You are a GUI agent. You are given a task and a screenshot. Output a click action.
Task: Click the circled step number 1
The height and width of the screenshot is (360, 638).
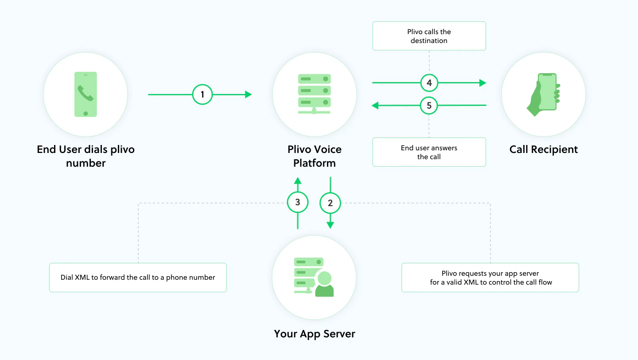click(202, 94)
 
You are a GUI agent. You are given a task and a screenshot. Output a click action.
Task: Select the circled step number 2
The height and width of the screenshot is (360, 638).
click(330, 203)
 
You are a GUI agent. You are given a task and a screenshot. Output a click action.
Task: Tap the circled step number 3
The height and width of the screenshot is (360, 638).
click(298, 202)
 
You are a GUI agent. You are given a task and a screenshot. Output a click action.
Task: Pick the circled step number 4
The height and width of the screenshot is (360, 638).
click(429, 83)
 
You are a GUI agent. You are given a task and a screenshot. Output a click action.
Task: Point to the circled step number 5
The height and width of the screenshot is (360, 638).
click(429, 106)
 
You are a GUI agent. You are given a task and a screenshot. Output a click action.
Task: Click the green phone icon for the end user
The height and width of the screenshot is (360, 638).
click(86, 94)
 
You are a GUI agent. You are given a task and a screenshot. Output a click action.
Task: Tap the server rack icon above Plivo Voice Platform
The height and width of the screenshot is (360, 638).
click(314, 94)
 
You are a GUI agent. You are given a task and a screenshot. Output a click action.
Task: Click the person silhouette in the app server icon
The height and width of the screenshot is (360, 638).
click(324, 284)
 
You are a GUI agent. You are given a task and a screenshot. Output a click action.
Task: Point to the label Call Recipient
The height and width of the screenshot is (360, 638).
click(544, 149)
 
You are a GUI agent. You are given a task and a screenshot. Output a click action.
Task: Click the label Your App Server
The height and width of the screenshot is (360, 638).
click(315, 334)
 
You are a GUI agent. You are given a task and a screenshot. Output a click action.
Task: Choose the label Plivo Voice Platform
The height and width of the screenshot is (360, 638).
click(315, 156)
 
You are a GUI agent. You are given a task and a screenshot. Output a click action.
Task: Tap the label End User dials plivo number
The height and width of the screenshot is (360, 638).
click(86, 156)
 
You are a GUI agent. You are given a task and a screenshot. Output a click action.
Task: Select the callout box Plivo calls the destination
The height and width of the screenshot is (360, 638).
click(429, 36)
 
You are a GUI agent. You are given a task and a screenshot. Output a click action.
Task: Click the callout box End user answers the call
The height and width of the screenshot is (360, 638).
click(429, 152)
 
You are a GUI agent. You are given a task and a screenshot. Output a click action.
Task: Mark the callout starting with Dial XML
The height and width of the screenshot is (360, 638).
click(138, 278)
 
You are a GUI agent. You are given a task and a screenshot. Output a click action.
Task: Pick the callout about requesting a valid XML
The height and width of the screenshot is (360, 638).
click(490, 278)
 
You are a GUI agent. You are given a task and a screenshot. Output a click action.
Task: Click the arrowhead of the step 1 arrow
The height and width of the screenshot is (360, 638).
click(249, 94)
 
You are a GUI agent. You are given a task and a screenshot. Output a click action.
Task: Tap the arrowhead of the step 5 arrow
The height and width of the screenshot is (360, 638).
click(375, 106)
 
